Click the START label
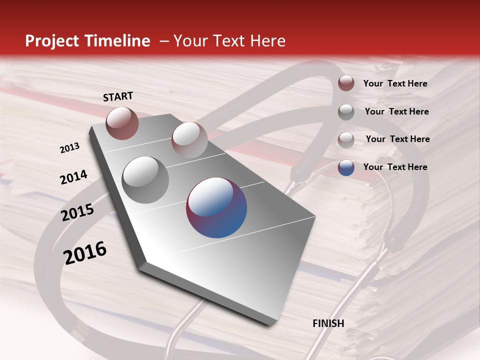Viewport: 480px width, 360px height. pyautogui.click(x=118, y=96)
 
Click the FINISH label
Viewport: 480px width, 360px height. pyautogui.click(x=328, y=323)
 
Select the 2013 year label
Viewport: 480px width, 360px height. pyautogui.click(x=69, y=148)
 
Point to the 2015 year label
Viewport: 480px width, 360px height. pyautogui.click(x=77, y=212)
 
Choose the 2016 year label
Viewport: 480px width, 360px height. pyautogui.click(x=85, y=253)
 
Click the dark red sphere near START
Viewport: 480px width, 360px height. pyautogui.click(x=122, y=123)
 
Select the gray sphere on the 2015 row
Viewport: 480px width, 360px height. pyautogui.click(x=145, y=180)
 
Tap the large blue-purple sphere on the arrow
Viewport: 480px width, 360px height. pyautogui.click(x=216, y=207)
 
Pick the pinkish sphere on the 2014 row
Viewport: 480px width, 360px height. pyautogui.click(x=189, y=139)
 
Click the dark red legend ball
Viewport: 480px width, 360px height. pyautogui.click(x=346, y=83)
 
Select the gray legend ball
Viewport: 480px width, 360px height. pyautogui.click(x=346, y=112)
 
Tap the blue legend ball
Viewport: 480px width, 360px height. pyautogui.click(x=346, y=167)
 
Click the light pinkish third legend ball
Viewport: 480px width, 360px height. pyautogui.click(x=346, y=140)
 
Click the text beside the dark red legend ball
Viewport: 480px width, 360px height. pyautogui.click(x=395, y=83)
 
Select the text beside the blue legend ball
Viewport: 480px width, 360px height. pyautogui.click(x=395, y=167)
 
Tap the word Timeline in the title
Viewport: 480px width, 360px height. pyautogui.click(x=117, y=41)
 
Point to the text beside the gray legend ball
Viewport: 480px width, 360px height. pyautogui.click(x=396, y=111)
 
